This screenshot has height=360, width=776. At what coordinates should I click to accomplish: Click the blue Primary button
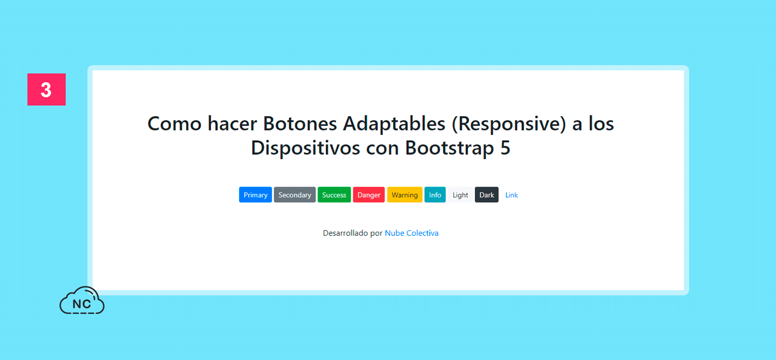tap(256, 194)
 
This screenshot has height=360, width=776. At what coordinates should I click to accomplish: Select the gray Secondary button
tap(295, 194)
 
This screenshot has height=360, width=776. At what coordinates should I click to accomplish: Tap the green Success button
tap(334, 194)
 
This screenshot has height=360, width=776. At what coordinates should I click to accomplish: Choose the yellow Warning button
tap(405, 194)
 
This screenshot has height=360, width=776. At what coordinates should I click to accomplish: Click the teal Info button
tap(435, 194)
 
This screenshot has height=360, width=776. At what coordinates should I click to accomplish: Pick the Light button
tap(460, 194)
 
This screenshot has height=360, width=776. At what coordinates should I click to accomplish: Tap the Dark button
tap(487, 194)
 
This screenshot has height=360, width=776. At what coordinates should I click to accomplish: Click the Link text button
tap(511, 195)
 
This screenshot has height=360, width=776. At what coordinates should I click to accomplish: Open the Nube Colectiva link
tap(412, 233)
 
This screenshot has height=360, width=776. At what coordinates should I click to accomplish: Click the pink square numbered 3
tap(47, 89)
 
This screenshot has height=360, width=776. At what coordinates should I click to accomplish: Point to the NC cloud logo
tap(82, 301)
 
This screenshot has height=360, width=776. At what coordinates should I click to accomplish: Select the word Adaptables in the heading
tap(394, 124)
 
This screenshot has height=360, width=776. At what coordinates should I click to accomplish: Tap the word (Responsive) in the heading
tap(509, 124)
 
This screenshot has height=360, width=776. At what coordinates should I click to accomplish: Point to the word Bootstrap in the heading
tap(450, 148)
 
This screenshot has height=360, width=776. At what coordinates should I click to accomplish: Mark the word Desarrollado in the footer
tap(346, 233)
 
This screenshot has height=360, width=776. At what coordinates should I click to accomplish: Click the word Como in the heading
tap(174, 124)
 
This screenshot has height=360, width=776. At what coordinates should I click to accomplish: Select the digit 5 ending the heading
tap(505, 148)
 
